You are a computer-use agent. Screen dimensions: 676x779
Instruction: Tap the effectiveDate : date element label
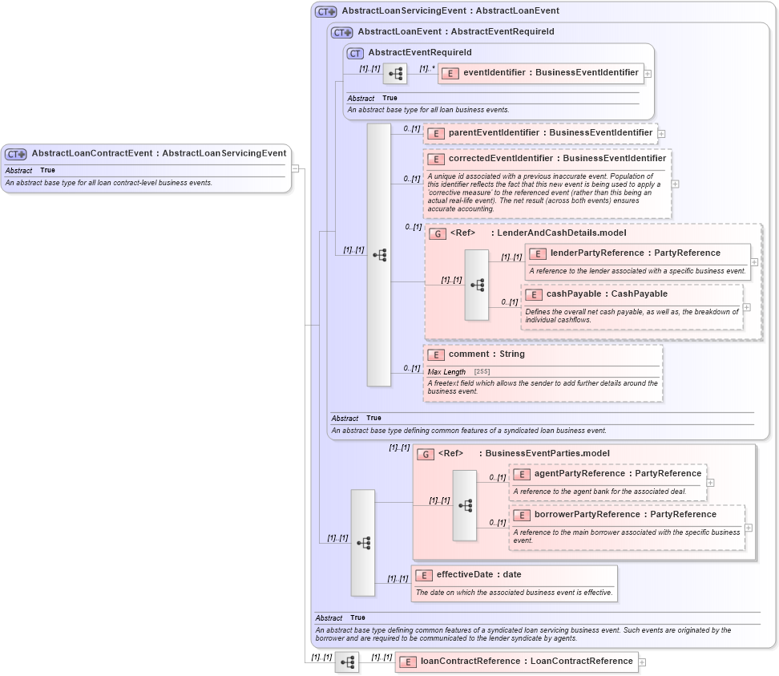[478, 575]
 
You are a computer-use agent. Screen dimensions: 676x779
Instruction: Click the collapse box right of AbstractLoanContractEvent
[295, 168]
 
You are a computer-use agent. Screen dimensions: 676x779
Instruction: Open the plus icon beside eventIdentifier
[648, 74]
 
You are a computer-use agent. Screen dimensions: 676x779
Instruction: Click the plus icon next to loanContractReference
[642, 662]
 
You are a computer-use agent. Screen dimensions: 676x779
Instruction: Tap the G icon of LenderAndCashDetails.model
[438, 234]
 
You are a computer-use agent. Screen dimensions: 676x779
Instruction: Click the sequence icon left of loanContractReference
[347, 662]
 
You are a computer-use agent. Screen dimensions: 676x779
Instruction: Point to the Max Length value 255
[482, 372]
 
